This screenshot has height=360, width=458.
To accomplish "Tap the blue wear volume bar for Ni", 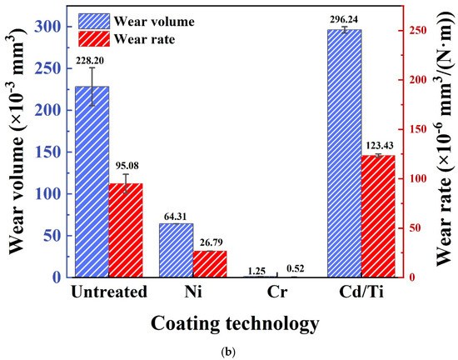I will coord(176,250).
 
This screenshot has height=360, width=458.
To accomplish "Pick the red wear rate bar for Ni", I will coord(210,263).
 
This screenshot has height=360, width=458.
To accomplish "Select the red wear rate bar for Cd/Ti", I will coord(378,216).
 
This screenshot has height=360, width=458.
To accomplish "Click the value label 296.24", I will coord(344,20).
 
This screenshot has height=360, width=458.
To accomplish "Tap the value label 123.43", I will coord(378,146).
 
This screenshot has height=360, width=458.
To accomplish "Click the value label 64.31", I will coord(176,214).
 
